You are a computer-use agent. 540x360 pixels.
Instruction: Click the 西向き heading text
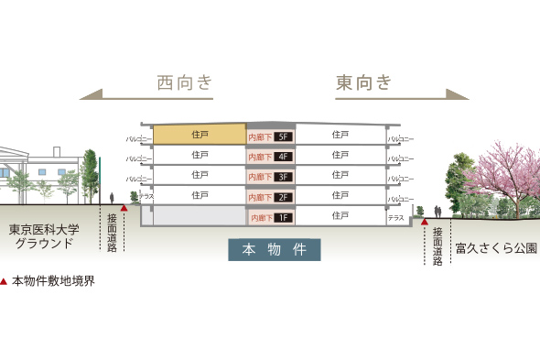tap(185, 83)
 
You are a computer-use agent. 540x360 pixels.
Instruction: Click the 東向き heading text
tap(363, 83)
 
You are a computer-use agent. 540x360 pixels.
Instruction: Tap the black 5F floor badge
tap(282, 136)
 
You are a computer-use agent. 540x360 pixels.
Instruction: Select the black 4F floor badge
tap(282, 157)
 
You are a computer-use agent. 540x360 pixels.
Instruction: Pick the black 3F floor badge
tap(282, 177)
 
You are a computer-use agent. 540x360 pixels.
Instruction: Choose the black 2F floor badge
tap(282, 197)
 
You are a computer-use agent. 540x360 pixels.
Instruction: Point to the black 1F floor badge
tap(282, 218)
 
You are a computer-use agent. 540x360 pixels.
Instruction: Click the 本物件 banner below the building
tap(274, 249)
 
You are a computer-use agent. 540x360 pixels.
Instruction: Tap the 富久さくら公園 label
tap(495, 248)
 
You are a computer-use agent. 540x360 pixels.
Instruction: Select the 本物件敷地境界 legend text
tap(53, 281)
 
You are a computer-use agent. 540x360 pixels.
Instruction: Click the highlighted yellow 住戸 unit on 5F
tap(200, 135)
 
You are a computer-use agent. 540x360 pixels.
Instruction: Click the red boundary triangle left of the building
tap(124, 208)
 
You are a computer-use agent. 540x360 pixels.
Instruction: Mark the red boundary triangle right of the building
tap(424, 221)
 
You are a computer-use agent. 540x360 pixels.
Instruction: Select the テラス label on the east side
tap(395, 218)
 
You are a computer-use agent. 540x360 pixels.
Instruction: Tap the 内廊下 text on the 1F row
tap(260, 218)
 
